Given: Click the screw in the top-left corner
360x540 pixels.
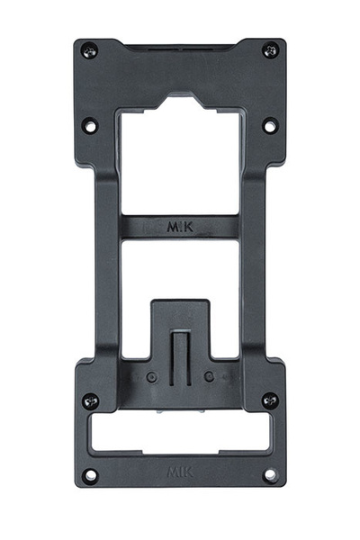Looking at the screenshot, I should pyautogui.click(x=88, y=50).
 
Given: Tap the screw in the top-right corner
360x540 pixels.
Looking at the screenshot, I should pyautogui.click(x=271, y=50).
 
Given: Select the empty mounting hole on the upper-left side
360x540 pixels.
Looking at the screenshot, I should pyautogui.click(x=90, y=126).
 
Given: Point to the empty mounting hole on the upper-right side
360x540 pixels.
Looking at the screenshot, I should pyautogui.click(x=269, y=126).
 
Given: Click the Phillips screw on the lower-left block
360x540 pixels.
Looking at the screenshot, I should pyautogui.click(x=90, y=400).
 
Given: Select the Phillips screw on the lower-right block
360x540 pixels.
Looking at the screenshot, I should pyautogui.click(x=269, y=400).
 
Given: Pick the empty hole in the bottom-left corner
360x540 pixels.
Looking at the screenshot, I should pyautogui.click(x=90, y=474).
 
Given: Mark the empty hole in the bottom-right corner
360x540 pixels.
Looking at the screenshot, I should pyautogui.click(x=269, y=474).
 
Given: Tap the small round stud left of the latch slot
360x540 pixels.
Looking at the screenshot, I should pyautogui.click(x=151, y=377).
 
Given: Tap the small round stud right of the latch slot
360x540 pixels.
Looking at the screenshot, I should pyautogui.click(x=209, y=377).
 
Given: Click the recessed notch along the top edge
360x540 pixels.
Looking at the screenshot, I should pyautogui.click(x=180, y=45).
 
